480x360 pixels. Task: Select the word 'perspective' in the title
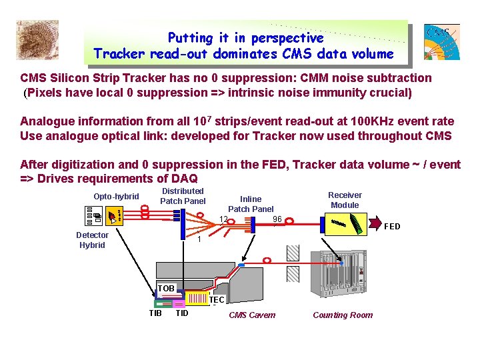pyautogui.click(x=287, y=38)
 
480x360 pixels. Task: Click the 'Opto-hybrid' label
pyautogui.click(x=116, y=197)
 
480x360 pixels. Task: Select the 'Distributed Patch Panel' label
pyautogui.click(x=183, y=196)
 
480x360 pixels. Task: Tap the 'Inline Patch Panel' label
pyautogui.click(x=251, y=204)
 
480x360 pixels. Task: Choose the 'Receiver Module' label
pyautogui.click(x=345, y=200)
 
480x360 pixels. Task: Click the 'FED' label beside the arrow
pyautogui.click(x=392, y=227)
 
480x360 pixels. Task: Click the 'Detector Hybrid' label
pyautogui.click(x=92, y=240)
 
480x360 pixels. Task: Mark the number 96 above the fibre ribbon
pyautogui.click(x=277, y=219)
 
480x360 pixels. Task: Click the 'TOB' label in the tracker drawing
pyautogui.click(x=166, y=289)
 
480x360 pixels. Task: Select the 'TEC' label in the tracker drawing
pyautogui.click(x=217, y=300)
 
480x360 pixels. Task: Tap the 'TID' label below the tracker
pyautogui.click(x=181, y=313)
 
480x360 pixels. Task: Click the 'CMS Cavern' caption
pyautogui.click(x=252, y=315)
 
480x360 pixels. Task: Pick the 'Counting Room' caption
pyautogui.click(x=343, y=315)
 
